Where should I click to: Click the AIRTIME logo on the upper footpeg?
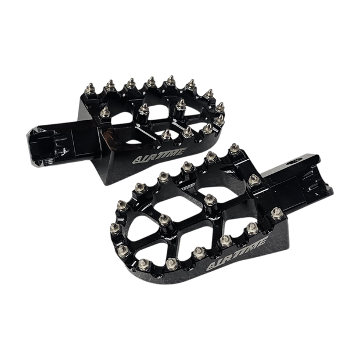tap(159, 155)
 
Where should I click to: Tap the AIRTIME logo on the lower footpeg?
tap(236, 253)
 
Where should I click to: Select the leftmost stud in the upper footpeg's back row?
tap(90, 89)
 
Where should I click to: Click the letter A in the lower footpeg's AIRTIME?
tap(211, 267)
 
